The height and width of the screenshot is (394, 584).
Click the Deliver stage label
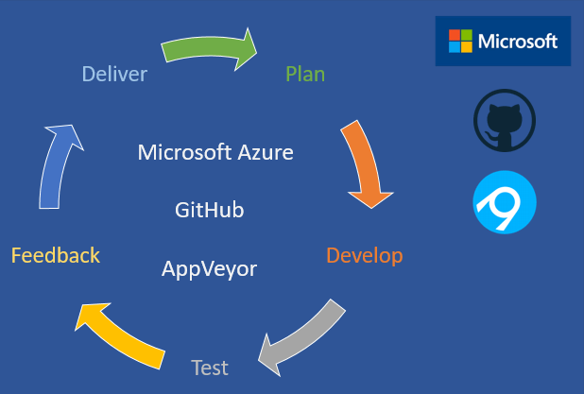point(114,74)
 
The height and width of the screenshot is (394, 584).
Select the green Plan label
point(305,74)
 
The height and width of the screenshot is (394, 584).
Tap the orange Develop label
point(364,255)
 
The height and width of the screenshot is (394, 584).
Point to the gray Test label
point(210,367)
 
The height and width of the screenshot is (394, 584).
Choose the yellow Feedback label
point(56,255)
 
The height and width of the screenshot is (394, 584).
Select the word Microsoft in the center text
point(183,152)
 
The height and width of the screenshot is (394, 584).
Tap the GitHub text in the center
point(210,210)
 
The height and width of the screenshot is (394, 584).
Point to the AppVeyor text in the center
point(210,268)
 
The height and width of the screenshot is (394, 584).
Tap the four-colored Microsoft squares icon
point(460,41)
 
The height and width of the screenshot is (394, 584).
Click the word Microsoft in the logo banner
point(517,42)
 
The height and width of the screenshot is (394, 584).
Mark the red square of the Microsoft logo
point(455,35)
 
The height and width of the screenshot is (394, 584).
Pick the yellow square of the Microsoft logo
point(466,47)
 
